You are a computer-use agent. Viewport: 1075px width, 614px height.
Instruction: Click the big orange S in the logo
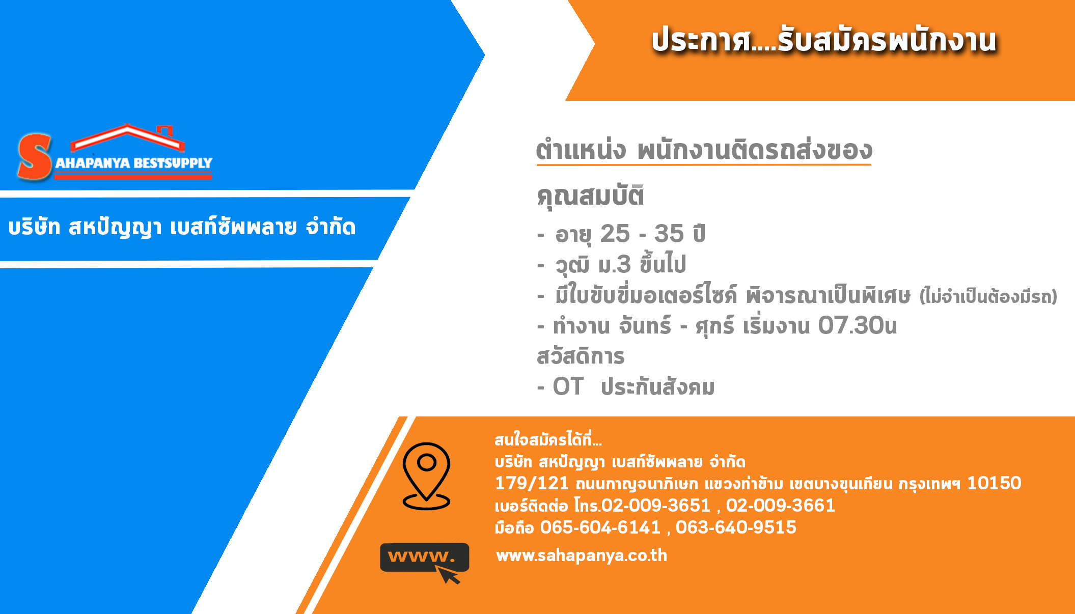tap(35, 157)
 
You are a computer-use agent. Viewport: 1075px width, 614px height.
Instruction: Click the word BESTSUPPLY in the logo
tap(173, 163)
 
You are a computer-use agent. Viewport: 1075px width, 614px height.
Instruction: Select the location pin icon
tap(426, 476)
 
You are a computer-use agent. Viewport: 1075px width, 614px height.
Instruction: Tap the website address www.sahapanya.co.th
tap(582, 555)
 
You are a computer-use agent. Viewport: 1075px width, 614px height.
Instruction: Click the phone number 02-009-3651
tap(656, 506)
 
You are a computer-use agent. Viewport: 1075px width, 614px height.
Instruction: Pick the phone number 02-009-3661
tap(781, 506)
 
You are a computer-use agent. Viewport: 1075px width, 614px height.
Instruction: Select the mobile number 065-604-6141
tap(600, 527)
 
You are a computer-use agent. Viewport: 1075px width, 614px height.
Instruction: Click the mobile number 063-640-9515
tap(736, 527)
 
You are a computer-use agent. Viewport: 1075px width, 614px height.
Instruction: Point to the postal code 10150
tap(994, 483)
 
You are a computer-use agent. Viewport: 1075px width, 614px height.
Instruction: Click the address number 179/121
tap(532, 483)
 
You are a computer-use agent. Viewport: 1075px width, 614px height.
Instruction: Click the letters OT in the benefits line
tap(568, 387)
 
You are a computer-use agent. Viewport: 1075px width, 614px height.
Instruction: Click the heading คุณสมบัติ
tap(591, 197)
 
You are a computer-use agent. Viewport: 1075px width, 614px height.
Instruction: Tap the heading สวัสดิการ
tap(581, 356)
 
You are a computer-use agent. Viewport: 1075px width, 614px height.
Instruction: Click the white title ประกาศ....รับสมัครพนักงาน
tap(824, 40)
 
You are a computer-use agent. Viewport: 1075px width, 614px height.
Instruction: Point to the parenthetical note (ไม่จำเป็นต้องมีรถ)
tap(988, 296)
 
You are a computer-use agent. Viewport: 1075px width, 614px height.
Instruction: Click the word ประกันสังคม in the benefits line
tap(658, 387)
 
